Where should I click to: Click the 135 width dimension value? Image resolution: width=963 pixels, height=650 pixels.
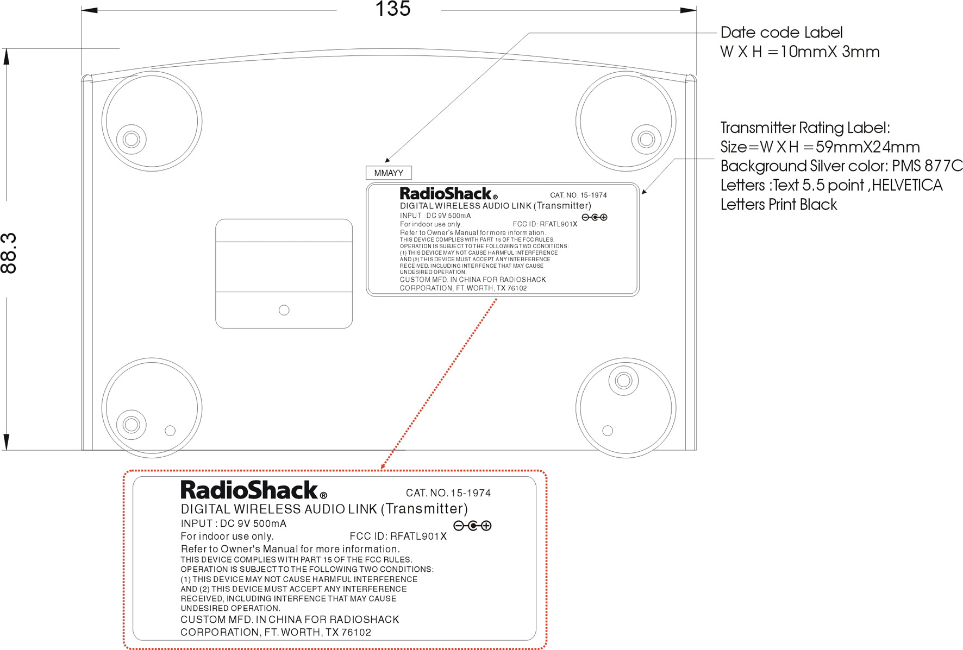(x=393, y=9)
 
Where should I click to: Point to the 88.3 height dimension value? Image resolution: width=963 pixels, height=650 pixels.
(x=9, y=253)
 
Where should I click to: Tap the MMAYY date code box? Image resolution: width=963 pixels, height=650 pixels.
(x=389, y=173)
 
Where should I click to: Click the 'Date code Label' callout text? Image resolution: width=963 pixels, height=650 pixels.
(x=781, y=33)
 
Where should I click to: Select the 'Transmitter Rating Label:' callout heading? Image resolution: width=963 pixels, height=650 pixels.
(x=805, y=128)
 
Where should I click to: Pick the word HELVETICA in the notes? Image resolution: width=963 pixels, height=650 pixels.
(x=907, y=185)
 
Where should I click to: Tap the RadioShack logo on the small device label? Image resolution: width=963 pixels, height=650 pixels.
(x=448, y=193)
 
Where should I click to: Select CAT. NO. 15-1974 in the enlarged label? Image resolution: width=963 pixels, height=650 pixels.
(x=448, y=493)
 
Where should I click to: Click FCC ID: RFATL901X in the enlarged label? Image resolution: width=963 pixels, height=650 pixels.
(x=398, y=536)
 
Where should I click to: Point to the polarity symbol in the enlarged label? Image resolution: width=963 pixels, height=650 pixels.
(x=472, y=526)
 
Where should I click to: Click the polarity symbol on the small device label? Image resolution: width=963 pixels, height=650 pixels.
(x=595, y=217)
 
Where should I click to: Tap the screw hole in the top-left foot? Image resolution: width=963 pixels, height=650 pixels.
(x=131, y=139)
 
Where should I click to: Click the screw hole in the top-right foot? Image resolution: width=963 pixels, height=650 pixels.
(x=646, y=139)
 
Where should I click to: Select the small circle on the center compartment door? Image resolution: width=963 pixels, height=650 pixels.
(x=284, y=310)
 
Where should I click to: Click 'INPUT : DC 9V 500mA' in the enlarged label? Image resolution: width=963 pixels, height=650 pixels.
(x=234, y=523)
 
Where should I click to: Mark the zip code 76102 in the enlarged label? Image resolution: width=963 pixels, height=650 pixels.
(x=356, y=632)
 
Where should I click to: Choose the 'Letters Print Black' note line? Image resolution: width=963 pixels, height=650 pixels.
(x=779, y=205)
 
